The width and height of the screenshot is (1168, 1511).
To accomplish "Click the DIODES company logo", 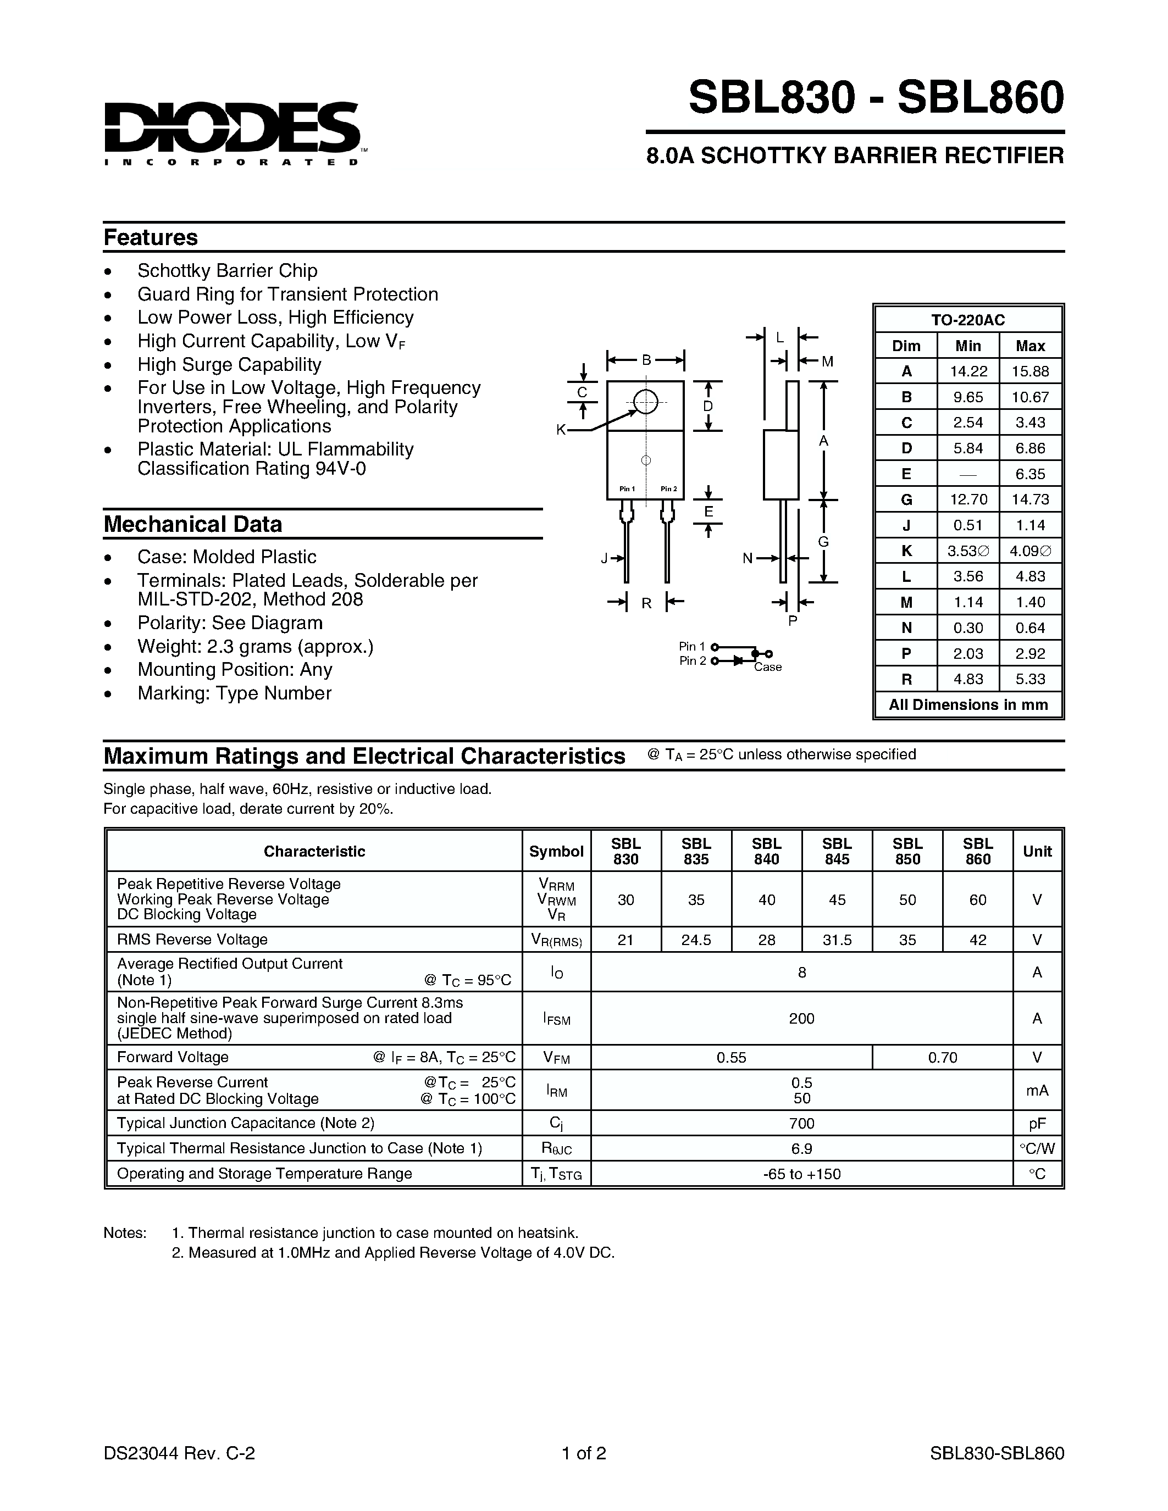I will (x=232, y=131).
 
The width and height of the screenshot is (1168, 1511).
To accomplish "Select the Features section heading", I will (x=151, y=237).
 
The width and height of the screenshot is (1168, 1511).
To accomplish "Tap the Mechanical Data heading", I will (x=193, y=524).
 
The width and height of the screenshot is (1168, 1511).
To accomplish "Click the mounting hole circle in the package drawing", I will (x=646, y=401).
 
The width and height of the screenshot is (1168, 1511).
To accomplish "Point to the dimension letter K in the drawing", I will (x=561, y=430).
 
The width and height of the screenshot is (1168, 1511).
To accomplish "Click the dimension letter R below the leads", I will (x=646, y=603).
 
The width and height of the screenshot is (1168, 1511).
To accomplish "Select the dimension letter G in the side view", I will (x=823, y=542).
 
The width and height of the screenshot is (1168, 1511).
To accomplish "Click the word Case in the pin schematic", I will (x=767, y=667).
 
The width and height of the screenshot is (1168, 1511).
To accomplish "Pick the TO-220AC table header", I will (x=967, y=320).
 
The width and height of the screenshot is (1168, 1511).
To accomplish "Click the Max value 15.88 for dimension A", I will (x=1029, y=371).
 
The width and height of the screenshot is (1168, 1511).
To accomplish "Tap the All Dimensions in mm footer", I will (x=967, y=705).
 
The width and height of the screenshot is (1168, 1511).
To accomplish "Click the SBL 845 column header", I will (x=837, y=851).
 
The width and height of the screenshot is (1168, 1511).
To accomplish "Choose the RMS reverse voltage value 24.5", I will (x=696, y=940).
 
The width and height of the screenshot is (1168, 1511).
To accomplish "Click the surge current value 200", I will (x=801, y=1018).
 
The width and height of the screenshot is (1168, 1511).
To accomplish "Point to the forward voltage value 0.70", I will (x=943, y=1057).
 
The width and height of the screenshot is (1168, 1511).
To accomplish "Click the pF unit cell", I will (x=1037, y=1123).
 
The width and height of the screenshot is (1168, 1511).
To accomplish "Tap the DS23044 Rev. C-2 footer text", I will (x=179, y=1453).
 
